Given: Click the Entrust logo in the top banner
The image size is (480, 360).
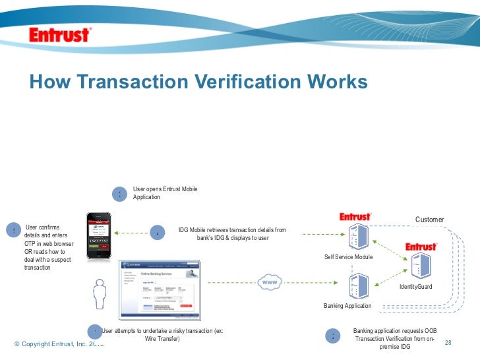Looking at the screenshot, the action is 60,35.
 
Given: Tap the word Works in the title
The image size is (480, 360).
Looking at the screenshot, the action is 337,82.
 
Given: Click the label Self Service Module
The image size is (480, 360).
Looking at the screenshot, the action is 349,256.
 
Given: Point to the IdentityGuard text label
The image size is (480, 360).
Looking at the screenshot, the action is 415,287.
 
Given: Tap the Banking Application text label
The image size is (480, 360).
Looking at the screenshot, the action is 347,306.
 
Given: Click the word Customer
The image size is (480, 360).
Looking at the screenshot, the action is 429,220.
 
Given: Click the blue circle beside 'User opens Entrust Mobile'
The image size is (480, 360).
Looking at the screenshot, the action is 119,194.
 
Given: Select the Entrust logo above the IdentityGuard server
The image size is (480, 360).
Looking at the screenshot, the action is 421,247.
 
